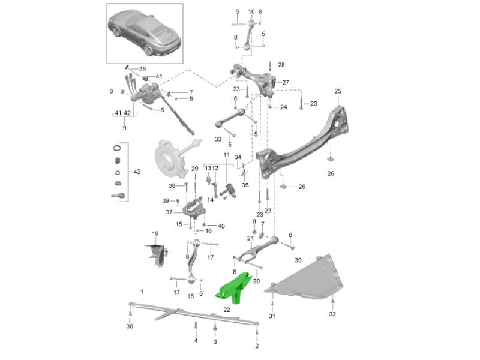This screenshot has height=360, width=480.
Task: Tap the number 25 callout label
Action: click(x=338, y=91)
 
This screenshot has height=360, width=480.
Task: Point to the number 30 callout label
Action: click(x=298, y=260)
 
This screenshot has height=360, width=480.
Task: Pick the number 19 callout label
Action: click(x=154, y=233)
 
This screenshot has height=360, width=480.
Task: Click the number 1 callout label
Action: click(x=142, y=292)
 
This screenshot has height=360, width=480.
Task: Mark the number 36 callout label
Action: click(x=130, y=326)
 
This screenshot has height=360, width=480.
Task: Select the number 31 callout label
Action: click(x=271, y=316)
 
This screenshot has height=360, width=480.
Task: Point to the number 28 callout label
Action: click(x=281, y=65)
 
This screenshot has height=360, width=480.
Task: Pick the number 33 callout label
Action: click(x=218, y=139)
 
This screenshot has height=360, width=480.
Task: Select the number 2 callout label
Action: click(x=257, y=346)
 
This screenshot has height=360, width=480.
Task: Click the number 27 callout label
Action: click(x=286, y=83)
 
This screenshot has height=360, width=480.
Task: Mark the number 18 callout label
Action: click(x=191, y=296)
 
